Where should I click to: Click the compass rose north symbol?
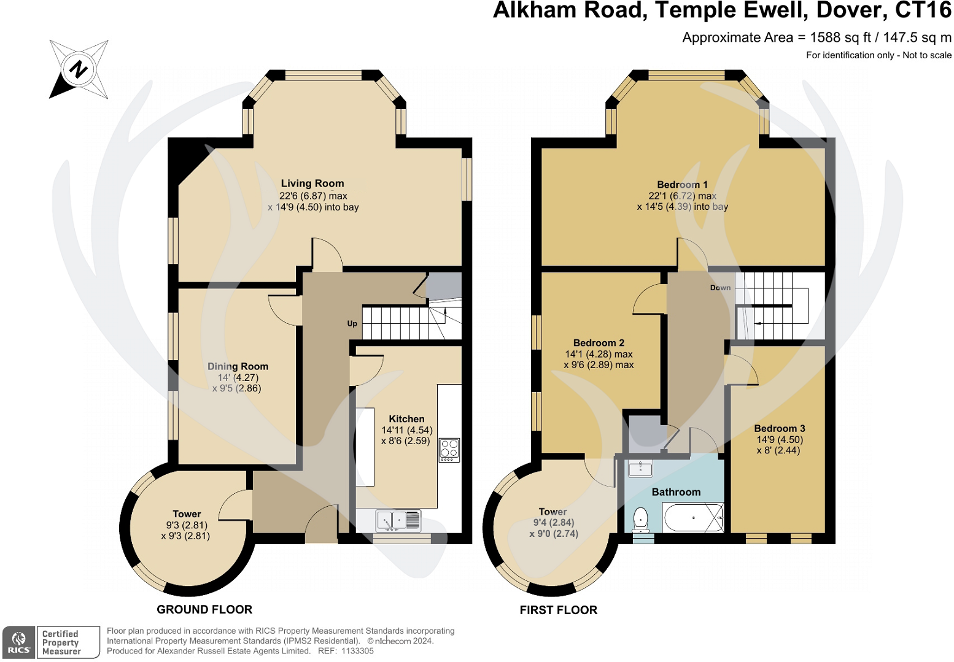[x=79, y=69]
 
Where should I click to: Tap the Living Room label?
[x=312, y=183]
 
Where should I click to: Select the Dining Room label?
[x=238, y=366]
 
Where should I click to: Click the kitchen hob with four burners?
[x=449, y=450]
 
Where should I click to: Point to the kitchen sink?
[x=398, y=520]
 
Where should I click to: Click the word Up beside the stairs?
[x=352, y=323]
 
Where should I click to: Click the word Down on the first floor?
[x=720, y=288]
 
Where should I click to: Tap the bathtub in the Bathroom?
[x=693, y=517]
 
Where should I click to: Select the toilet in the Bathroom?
[x=640, y=519]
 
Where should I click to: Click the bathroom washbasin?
[x=640, y=469]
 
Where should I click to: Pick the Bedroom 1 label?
[x=682, y=185]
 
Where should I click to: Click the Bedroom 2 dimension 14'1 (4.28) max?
[x=599, y=354]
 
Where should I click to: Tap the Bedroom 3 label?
[x=779, y=428]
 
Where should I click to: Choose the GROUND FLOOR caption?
[x=204, y=609]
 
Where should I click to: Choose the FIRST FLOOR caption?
[x=558, y=610]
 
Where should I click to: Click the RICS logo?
[x=19, y=642]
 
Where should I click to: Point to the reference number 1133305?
[x=357, y=651]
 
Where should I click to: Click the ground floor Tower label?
[x=187, y=514]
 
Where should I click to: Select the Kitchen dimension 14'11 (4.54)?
[x=406, y=430]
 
